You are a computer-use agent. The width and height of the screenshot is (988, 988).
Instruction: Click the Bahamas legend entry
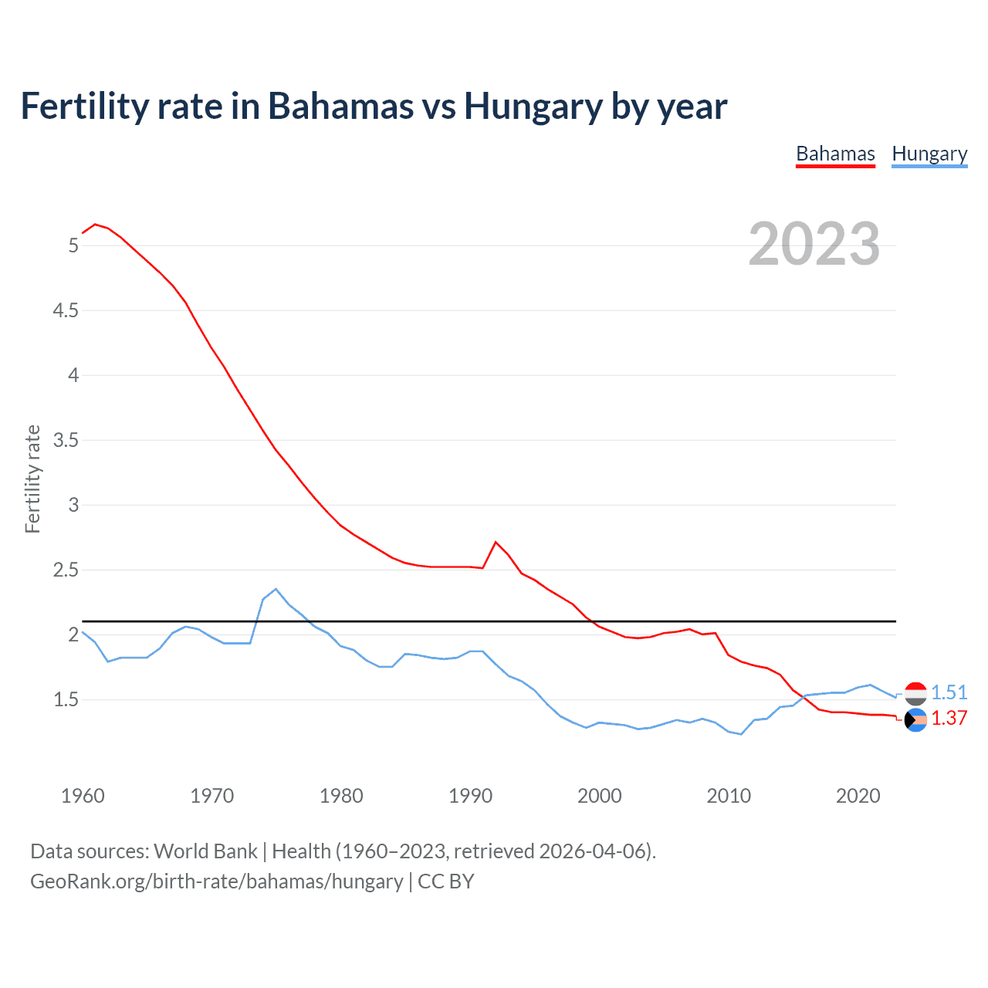click(x=835, y=154)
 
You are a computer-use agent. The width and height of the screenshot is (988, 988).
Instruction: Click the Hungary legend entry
click(x=929, y=154)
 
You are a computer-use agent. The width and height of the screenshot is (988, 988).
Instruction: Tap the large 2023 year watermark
click(x=814, y=244)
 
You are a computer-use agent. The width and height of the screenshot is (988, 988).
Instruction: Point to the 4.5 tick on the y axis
click(x=66, y=310)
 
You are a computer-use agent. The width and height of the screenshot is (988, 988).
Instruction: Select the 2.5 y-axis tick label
click(x=66, y=570)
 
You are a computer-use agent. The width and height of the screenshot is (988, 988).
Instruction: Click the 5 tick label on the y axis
click(x=73, y=245)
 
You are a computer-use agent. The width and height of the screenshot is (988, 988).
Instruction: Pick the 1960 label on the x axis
click(x=83, y=796)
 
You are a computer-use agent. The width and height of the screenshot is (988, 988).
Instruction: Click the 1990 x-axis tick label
click(x=470, y=796)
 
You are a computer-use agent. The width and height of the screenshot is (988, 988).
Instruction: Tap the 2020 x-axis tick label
click(x=858, y=796)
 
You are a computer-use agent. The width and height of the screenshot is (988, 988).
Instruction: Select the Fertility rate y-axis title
click(x=32, y=479)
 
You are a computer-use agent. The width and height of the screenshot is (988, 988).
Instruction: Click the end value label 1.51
click(x=949, y=692)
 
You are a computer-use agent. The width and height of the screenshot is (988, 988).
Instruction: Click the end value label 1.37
click(x=949, y=718)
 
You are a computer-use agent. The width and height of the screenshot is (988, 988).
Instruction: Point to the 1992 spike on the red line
click(x=496, y=542)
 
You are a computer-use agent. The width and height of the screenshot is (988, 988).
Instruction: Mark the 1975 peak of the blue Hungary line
click(x=276, y=589)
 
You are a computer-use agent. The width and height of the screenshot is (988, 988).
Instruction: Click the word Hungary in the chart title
click(x=533, y=106)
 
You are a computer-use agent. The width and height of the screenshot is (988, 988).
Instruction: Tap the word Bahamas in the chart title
click(x=340, y=106)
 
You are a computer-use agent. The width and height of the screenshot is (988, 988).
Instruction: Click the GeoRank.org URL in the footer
click(x=216, y=881)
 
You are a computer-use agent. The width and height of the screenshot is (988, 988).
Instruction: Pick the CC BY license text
click(x=445, y=881)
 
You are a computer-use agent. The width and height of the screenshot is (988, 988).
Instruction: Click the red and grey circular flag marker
click(x=915, y=693)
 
